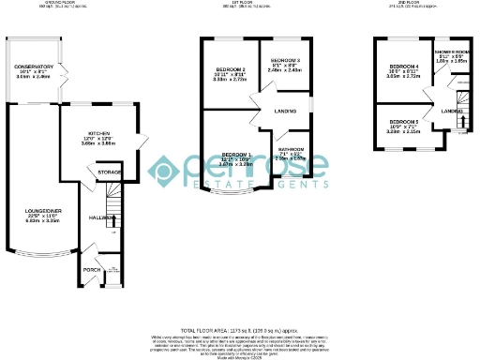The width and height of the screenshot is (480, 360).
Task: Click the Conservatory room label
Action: pyautogui.click(x=33, y=66)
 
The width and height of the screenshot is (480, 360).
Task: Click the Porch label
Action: pyautogui.click(x=92, y=269)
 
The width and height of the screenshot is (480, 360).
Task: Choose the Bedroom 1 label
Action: pyautogui.click(x=236, y=155)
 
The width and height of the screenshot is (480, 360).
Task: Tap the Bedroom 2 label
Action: pyautogui.click(x=230, y=70)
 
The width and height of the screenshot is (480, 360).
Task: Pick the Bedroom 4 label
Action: pyautogui.click(x=403, y=67)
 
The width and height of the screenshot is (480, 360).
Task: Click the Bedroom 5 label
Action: pyautogui.click(x=403, y=122)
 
